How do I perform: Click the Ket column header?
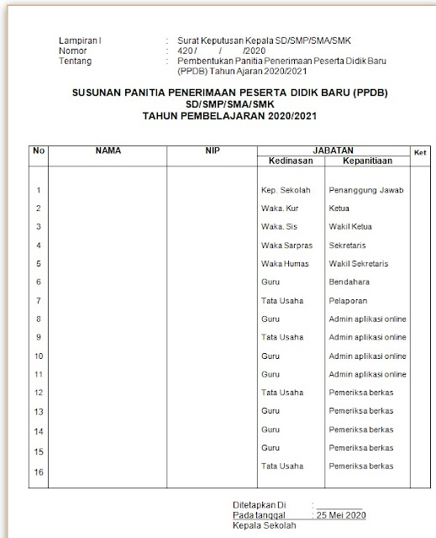419,151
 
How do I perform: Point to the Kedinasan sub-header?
290,160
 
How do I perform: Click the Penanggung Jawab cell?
367,190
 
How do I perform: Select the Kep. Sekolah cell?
286,190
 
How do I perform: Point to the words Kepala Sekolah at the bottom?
261,525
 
